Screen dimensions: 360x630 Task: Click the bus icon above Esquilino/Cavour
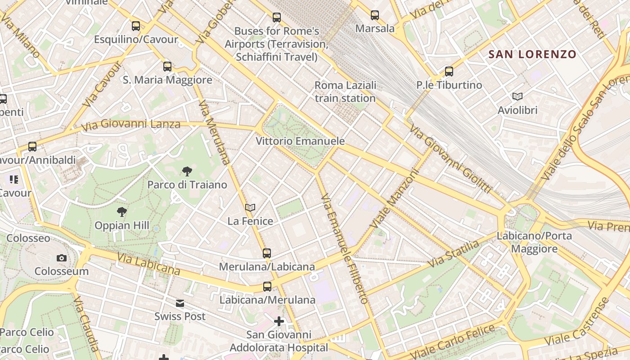[x=136, y=26]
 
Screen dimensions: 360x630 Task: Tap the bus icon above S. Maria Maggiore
[x=167, y=67]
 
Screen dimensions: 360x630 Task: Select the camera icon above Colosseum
[x=62, y=258]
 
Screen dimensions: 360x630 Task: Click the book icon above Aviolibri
[x=517, y=96]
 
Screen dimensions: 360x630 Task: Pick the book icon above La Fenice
[x=250, y=207]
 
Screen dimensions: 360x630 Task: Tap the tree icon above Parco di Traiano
[x=187, y=171]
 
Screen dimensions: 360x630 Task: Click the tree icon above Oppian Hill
[x=121, y=211]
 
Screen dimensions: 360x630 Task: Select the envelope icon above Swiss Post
[x=180, y=303]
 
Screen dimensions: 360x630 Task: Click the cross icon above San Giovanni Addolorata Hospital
[x=279, y=321]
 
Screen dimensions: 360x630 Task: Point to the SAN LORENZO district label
[x=532, y=54]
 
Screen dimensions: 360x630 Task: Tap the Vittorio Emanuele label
[x=300, y=141]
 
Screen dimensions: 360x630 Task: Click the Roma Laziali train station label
[x=345, y=92]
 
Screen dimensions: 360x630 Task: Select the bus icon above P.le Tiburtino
[x=449, y=71]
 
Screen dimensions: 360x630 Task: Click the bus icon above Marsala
[x=375, y=15]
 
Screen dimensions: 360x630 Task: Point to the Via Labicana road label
[x=149, y=264]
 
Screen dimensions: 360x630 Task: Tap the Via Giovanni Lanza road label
[x=131, y=125]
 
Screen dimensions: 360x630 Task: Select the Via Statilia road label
[x=453, y=254]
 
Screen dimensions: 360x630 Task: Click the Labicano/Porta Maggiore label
[x=534, y=242]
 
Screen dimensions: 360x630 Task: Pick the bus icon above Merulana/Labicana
[x=267, y=253]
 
